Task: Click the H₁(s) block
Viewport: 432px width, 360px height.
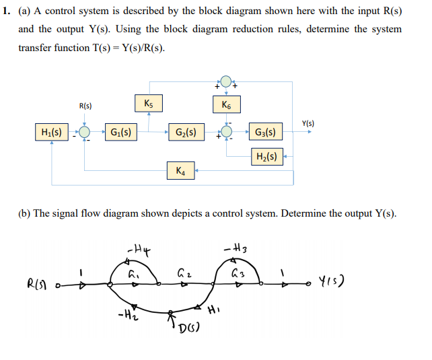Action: [x=52, y=132]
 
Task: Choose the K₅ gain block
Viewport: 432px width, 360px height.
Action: [x=149, y=104]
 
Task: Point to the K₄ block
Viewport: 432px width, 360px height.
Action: [x=180, y=171]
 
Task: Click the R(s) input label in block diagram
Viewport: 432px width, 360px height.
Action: [x=85, y=106]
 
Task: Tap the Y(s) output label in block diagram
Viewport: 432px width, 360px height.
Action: [x=308, y=123]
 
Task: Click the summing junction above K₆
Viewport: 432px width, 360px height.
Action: [x=226, y=82]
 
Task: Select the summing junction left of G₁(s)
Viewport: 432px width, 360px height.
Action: [x=85, y=133]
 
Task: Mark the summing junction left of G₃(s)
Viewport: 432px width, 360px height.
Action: [x=227, y=133]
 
